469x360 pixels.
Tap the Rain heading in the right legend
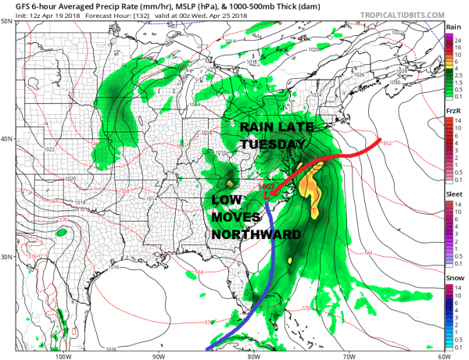[452, 26]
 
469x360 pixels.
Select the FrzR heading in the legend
[452, 111]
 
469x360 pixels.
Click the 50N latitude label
[7, 21]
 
